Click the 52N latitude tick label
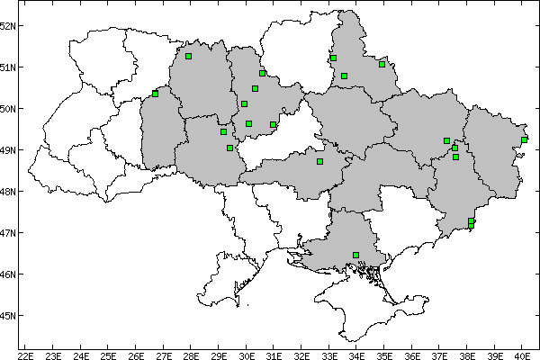click(8, 25)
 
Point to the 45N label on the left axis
click(8, 316)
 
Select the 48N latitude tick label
click(8, 192)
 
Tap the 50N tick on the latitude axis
click(8, 109)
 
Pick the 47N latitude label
click(8, 233)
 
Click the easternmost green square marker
click(524, 139)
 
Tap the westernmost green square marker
click(155, 94)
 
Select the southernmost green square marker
click(355, 255)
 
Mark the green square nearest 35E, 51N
click(382, 64)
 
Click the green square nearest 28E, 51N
click(188, 56)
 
